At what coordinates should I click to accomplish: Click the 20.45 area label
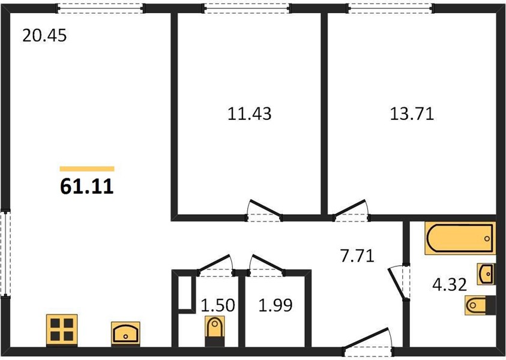coord(44,35)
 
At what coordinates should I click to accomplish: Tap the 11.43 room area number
coord(250,114)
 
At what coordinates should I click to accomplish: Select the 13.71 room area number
coord(412,114)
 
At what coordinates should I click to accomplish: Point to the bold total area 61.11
coord(87,187)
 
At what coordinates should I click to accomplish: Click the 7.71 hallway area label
coord(357,256)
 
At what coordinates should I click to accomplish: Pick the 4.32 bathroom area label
coord(450,285)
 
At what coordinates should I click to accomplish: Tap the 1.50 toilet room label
coord(218,305)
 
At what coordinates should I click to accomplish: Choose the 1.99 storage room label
coord(276,305)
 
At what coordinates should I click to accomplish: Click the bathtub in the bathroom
coord(460,238)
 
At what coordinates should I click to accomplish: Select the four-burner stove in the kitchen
coord(62,329)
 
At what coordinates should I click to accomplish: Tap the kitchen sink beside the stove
coord(125,333)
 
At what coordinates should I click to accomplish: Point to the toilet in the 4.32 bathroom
coord(480,305)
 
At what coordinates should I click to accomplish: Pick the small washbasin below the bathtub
coord(486,274)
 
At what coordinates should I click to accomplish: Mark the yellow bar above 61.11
coord(87,169)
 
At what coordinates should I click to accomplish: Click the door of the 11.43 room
coord(264,211)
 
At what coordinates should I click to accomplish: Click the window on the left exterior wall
coord(5,253)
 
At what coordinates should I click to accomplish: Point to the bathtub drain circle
coord(487,239)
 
